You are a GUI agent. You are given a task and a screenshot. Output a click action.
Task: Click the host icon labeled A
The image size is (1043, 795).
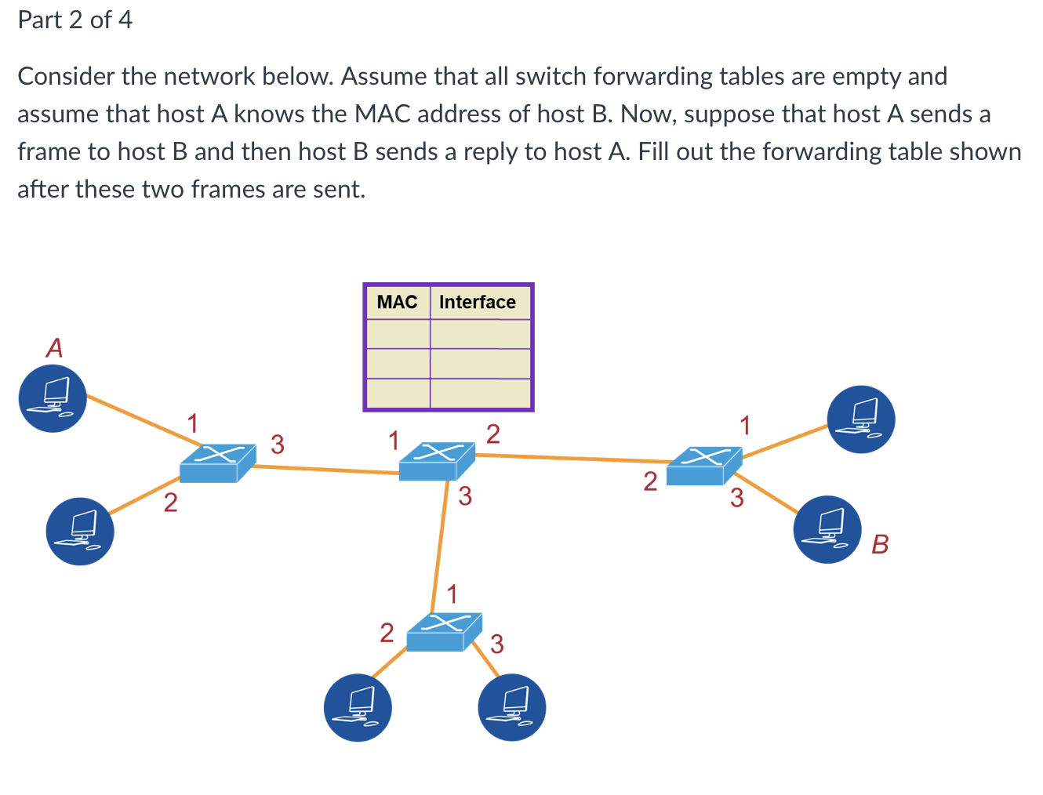[53, 398]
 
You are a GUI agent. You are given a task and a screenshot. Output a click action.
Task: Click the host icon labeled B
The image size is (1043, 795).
[827, 529]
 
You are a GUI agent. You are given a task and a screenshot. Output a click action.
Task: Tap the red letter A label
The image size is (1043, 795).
[54, 347]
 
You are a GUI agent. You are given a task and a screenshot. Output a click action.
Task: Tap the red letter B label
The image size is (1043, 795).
[880, 543]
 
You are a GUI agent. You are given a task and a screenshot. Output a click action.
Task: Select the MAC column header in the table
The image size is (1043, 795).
[397, 303]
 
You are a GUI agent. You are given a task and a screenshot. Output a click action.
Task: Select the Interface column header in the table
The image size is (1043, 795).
[477, 303]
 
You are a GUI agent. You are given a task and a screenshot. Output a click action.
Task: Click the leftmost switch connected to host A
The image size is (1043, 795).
[216, 463]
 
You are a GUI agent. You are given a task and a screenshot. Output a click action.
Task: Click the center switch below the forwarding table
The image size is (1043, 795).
[437, 461]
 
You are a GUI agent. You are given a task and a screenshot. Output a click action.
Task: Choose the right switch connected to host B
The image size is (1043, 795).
[703, 466]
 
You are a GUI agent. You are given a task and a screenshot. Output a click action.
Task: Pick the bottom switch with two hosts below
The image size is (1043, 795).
[443, 632]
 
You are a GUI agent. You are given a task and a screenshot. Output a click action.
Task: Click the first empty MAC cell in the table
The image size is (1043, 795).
[398, 334]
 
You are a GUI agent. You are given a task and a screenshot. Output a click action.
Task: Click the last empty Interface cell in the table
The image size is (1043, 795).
[481, 393]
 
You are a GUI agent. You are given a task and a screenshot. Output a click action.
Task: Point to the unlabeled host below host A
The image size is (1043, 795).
[80, 532]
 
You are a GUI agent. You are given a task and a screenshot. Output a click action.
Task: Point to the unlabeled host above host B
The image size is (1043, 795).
[861, 419]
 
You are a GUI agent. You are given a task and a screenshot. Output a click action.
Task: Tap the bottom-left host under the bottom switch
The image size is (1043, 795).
[358, 707]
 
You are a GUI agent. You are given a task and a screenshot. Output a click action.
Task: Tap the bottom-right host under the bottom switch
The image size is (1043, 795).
[511, 707]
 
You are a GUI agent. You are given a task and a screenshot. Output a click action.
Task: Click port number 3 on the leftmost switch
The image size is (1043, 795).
[278, 445]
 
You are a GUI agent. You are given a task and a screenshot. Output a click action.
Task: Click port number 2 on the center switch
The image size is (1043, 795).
[492, 434]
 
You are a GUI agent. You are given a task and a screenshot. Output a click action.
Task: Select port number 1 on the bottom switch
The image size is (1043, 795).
[452, 594]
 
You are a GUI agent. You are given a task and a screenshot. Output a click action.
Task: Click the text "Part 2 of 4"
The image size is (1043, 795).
[75, 20]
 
